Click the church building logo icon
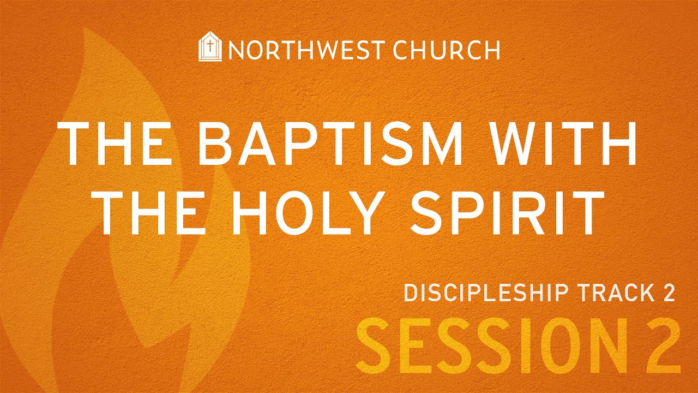point(210,49)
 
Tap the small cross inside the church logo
point(210,47)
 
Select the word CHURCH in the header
point(447,50)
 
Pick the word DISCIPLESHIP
point(489,293)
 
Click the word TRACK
point(613,293)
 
